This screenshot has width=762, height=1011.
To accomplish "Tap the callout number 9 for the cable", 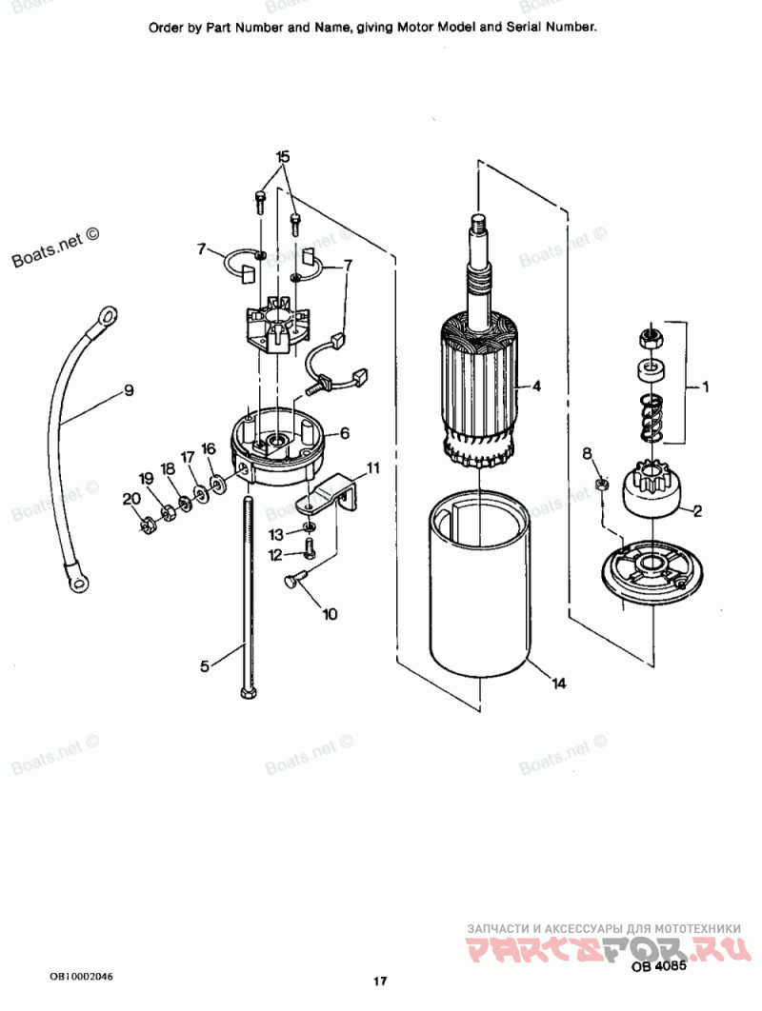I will tap(128, 389).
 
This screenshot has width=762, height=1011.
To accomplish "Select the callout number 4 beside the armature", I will tap(536, 387).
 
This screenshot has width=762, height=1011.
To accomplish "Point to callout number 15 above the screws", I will tap(282, 156).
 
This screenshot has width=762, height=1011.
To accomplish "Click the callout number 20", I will tap(130, 498).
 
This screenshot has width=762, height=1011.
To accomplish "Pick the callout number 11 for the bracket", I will tap(372, 467).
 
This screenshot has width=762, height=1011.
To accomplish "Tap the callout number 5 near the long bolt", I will tap(204, 666).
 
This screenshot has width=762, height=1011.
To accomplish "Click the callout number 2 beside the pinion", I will tap(697, 511).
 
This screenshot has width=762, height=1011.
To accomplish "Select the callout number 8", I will tap(587, 453).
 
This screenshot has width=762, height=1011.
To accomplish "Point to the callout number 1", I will tap(706, 387).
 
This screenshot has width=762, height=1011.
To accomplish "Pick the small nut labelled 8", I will tap(601, 486).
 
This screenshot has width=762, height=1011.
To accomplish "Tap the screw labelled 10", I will tap(295, 580).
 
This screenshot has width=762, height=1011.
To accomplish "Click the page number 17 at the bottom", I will tap(380, 981).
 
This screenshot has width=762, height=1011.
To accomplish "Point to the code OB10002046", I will tap(82, 977).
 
